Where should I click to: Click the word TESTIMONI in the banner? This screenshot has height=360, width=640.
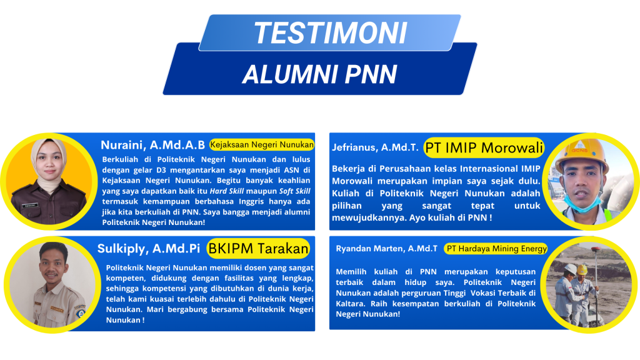[331, 32]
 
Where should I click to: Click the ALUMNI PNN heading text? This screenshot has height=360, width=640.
[319, 74]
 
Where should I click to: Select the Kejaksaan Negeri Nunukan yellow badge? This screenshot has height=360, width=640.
[262, 144]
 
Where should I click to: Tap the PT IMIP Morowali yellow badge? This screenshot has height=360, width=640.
[484, 147]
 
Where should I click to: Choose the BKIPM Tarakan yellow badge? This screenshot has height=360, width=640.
[258, 248]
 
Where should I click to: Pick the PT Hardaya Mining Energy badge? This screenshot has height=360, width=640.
[496, 249]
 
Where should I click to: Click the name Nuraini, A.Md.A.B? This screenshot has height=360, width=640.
[152, 145]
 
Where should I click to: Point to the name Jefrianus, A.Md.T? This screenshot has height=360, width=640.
[375, 147]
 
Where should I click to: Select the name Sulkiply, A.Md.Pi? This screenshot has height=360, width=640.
[149, 249]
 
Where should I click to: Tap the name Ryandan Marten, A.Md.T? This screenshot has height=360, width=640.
[386, 249]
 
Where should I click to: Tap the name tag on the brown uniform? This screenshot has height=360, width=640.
[30, 205]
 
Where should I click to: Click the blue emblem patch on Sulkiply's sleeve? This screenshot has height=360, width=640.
[81, 312]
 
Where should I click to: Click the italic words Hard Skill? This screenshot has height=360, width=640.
[226, 191]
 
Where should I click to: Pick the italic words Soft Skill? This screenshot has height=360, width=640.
[294, 191]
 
